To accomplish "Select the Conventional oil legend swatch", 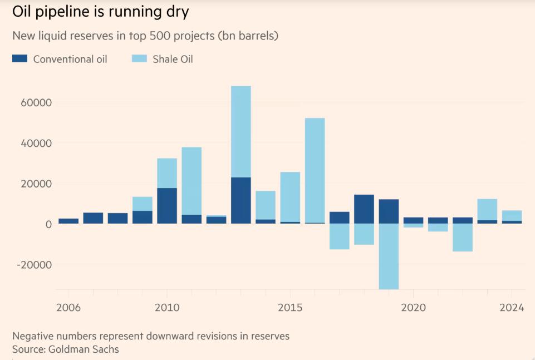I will pos(19,58).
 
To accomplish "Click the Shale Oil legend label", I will pos(173,59).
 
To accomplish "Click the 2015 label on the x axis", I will pos(289,308).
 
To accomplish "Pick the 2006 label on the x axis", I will pos(68,308).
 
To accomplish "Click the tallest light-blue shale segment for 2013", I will pos(240,131).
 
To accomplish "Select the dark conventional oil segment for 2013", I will pos(240,200).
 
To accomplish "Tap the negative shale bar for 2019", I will pos(389,257).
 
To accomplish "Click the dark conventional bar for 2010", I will pos(167,206).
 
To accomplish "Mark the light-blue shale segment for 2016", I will pos(315,170).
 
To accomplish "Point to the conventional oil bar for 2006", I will pos(68,221).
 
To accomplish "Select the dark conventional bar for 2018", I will pos(364,209).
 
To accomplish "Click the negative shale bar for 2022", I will pos(463,238).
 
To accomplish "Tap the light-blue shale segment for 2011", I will pos(192,181).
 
